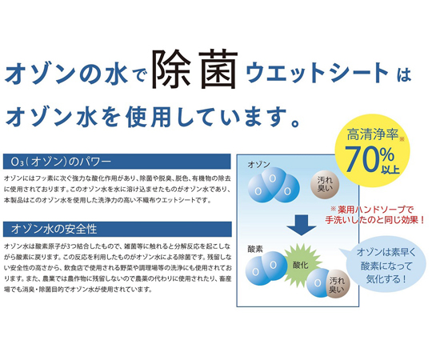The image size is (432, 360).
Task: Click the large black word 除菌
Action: click(195, 69)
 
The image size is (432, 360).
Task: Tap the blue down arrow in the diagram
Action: click(301, 225)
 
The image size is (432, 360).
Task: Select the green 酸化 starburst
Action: click(301, 266)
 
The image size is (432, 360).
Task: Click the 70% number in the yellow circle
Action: click(369, 159)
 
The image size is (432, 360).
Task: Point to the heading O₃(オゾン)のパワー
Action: click(61, 162)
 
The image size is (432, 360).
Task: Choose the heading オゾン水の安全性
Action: click(54, 229)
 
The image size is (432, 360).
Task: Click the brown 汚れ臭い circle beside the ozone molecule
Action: click(325, 185)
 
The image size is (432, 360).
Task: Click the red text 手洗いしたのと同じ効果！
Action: click(374, 220)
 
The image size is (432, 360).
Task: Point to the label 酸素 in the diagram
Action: click(255, 250)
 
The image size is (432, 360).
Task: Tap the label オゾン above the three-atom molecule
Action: click(258, 165)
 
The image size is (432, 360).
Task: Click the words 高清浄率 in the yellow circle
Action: click(373, 134)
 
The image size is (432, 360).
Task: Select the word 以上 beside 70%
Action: click(390, 169)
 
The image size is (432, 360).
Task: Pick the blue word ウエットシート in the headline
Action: click(317, 73)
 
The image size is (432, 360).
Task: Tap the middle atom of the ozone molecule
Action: click(273, 179)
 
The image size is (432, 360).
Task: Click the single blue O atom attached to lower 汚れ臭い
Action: click(318, 283)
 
